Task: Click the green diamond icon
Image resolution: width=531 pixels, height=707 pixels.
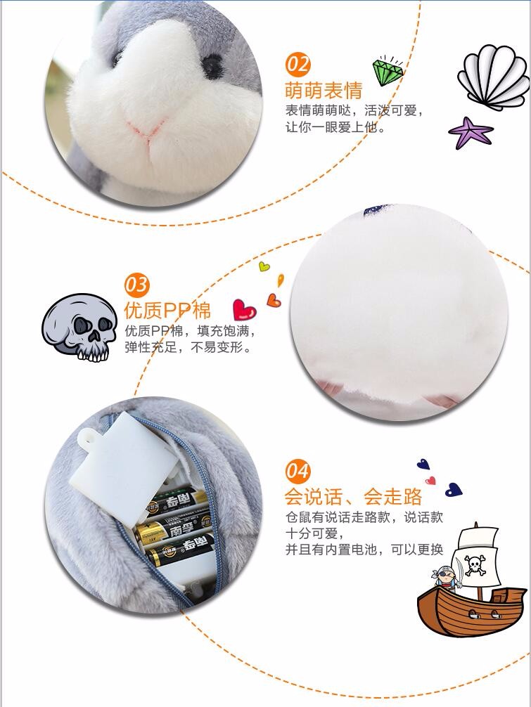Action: click(387, 72)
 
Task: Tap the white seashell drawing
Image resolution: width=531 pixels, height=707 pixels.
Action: click(494, 77)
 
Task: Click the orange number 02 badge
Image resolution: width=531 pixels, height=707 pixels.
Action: click(298, 65)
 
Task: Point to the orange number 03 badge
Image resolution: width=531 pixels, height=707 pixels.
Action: click(136, 285)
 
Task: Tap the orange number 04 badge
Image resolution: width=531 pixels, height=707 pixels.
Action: click(298, 471)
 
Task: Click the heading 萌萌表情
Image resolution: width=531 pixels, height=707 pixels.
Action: click(324, 91)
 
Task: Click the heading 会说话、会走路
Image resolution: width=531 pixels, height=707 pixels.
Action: click(353, 497)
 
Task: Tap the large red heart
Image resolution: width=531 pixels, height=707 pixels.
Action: click(244, 310)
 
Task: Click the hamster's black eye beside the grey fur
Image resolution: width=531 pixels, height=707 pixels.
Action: click(212, 66)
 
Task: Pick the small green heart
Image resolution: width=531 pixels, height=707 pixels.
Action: click(264, 266)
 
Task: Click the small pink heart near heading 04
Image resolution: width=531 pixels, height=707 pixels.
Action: click(431, 481)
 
